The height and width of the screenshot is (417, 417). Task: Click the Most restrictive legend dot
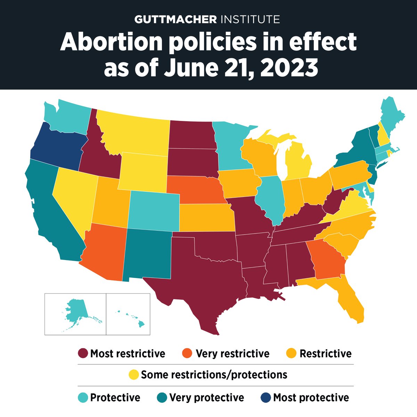[x=83, y=354]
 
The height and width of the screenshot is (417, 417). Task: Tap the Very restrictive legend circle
[x=187, y=354]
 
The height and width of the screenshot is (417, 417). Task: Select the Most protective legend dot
[x=265, y=398]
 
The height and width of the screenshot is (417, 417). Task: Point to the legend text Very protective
[x=206, y=398]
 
